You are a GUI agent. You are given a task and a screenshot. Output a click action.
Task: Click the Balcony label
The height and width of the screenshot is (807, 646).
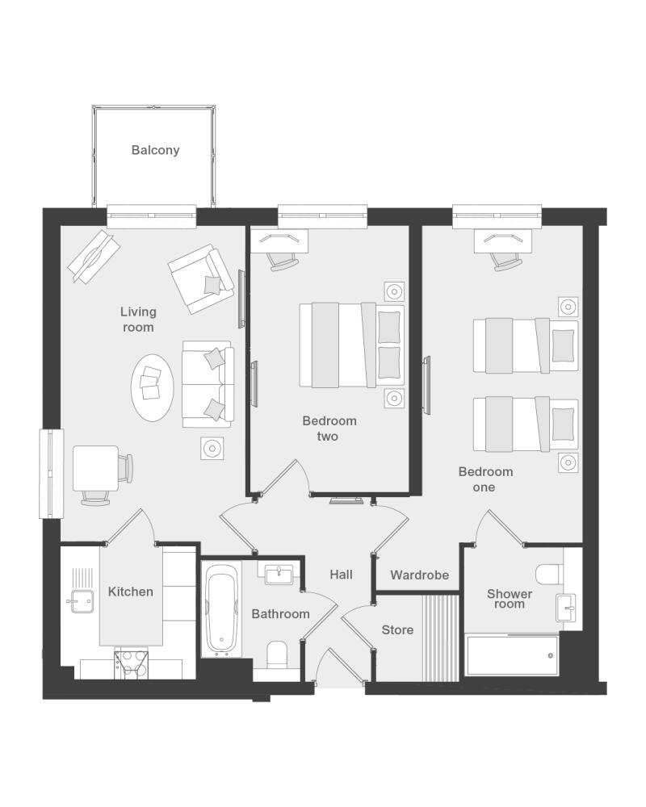tap(155, 150)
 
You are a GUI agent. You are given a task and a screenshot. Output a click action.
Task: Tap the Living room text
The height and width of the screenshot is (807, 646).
tap(138, 320)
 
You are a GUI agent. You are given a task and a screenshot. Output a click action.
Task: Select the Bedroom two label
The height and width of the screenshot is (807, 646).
tap(329, 429)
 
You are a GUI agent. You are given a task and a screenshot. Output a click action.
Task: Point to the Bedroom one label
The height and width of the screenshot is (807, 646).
tap(485, 479)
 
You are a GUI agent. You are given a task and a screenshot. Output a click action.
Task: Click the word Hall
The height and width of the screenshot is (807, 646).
tap(341, 575)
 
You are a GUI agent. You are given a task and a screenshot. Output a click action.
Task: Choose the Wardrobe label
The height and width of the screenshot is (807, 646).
tap(419, 575)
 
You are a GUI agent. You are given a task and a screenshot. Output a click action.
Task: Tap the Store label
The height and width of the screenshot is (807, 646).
tap(397, 630)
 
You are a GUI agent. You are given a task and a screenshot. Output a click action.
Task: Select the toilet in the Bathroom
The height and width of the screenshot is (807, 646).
tap(277, 655)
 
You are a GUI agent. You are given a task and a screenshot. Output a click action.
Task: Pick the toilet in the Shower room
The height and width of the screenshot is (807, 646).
tap(550, 574)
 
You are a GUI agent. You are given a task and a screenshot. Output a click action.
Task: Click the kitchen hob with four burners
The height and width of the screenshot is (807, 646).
tap(132, 664)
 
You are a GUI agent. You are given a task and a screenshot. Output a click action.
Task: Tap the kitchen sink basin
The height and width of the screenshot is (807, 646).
tap(82, 601)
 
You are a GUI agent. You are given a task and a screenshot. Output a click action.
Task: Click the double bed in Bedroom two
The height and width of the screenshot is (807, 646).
tap(352, 345)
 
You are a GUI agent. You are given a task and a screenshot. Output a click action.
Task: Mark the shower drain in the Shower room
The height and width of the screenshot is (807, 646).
tap(550, 655)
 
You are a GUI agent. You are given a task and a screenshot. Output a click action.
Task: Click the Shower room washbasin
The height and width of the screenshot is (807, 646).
tap(566, 608)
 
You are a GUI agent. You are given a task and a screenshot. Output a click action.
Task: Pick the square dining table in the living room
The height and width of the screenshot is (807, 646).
tap(96, 468)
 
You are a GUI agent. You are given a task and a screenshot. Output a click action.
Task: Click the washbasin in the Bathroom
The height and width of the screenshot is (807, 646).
tap(279, 574)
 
